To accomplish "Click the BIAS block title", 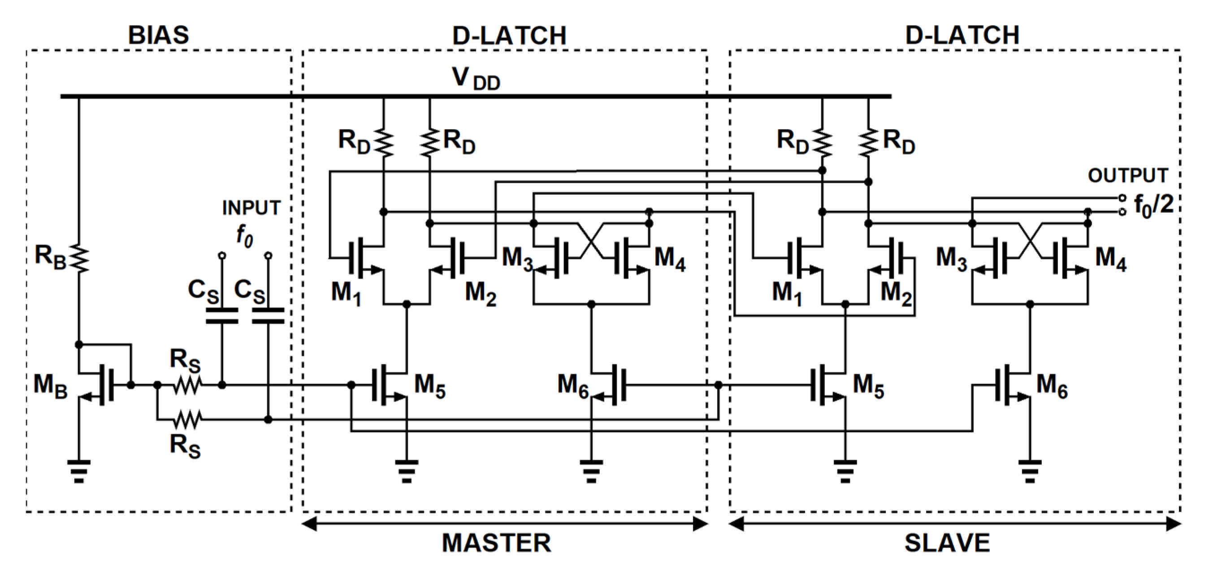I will pyautogui.click(x=158, y=35).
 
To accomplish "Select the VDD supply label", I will pyautogui.click(x=476, y=79).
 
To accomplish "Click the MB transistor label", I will pyautogui.click(x=50, y=386).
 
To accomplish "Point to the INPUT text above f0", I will pyautogui.click(x=251, y=208).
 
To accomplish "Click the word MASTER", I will pyautogui.click(x=496, y=543).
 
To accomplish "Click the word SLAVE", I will pyautogui.click(x=947, y=543).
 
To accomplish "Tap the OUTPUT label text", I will pyautogui.click(x=1128, y=175).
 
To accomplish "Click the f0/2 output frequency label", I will pyautogui.click(x=1153, y=205).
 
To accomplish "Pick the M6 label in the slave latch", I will pyautogui.click(x=1052, y=386).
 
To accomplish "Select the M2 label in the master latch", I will pyautogui.click(x=480, y=293).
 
